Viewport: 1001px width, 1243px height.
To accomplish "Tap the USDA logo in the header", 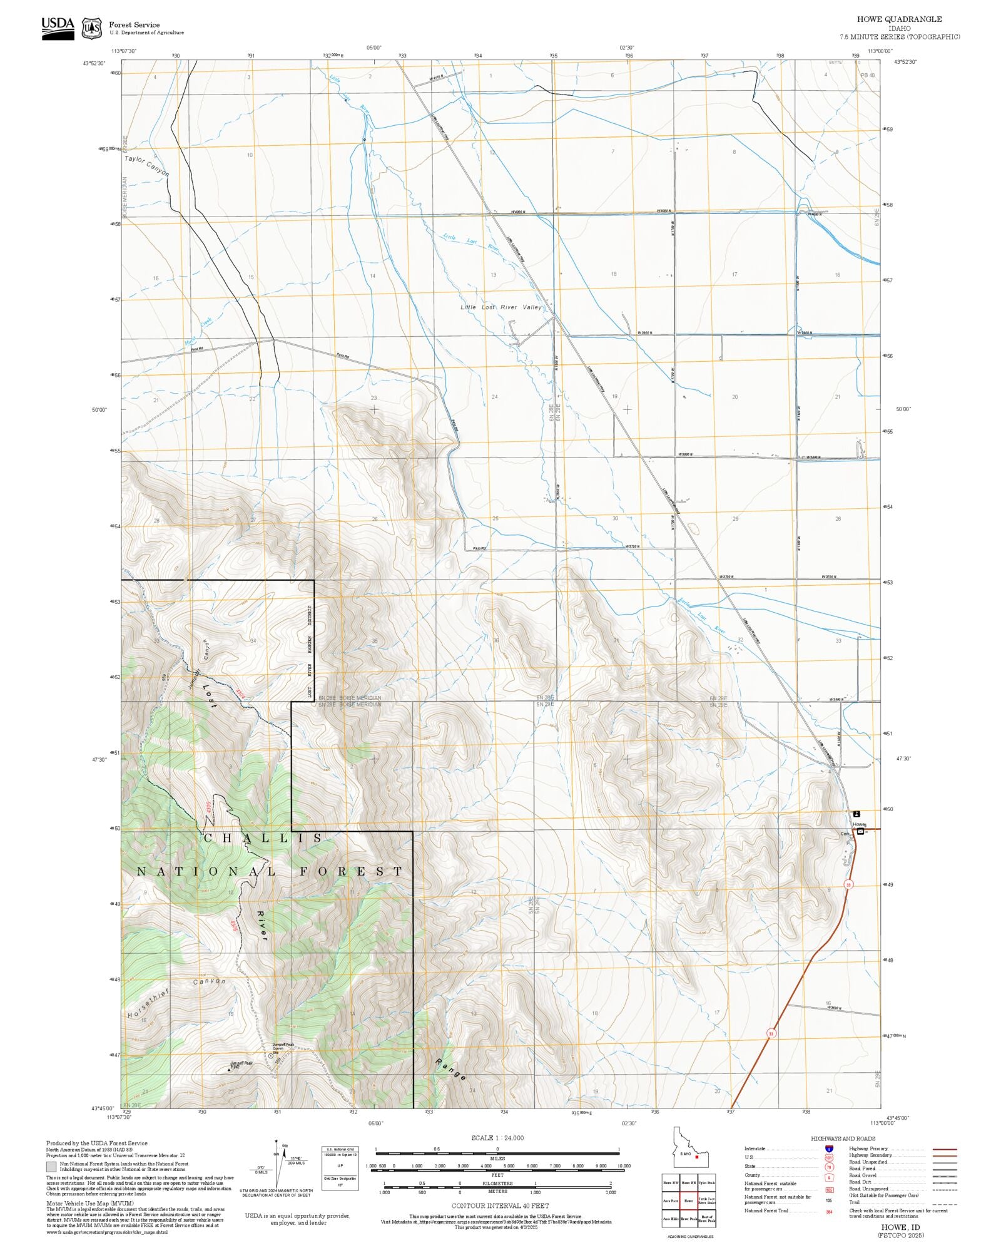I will [58, 28].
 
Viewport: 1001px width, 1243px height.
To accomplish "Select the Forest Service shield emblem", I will [92, 28].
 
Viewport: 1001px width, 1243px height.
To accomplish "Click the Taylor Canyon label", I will [146, 165].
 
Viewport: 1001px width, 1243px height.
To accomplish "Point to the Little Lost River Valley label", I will [501, 307].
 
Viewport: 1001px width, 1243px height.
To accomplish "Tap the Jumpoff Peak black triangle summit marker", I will [229, 1070].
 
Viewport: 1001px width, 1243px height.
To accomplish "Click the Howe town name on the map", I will [859, 824].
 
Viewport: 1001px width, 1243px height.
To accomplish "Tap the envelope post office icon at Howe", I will [860, 832].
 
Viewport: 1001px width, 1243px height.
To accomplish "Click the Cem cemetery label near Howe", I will [845, 834].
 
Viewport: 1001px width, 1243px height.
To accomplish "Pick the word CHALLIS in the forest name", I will [263, 838].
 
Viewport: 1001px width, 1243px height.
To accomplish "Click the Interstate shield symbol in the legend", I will [829, 1149].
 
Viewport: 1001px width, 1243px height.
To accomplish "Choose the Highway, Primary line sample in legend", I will [944, 1149].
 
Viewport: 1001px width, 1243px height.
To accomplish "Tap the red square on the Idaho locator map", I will [696, 1157].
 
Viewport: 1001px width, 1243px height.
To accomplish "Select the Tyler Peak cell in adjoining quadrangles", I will [707, 1183].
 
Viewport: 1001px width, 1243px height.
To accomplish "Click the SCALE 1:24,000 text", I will [497, 1138].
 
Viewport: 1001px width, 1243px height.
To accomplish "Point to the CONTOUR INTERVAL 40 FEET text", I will [500, 1205].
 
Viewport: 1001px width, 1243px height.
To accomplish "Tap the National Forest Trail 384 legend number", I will [829, 1211].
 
